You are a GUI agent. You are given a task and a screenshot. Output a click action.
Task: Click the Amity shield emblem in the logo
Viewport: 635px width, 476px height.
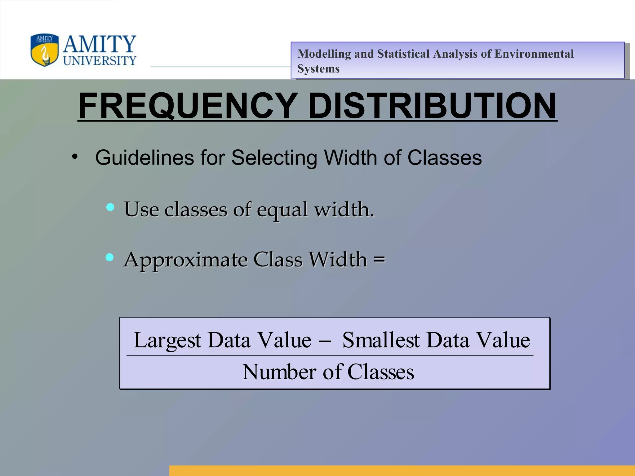pyautogui.click(x=44, y=50)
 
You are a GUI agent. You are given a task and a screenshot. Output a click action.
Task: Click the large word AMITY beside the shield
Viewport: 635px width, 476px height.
pyautogui.click(x=100, y=44)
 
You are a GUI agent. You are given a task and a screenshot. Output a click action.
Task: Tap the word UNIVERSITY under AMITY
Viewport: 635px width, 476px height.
pyautogui.click(x=100, y=60)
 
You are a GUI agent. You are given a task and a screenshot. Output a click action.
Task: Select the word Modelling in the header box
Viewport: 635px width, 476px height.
pyautogui.click(x=324, y=54)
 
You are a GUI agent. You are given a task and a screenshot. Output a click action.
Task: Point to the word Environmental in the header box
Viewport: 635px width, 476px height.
pyautogui.click(x=534, y=54)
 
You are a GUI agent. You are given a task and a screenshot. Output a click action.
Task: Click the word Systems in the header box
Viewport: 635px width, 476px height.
pyautogui.click(x=318, y=68)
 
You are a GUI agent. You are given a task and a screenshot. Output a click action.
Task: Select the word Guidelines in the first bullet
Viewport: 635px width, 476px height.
pyautogui.click(x=144, y=158)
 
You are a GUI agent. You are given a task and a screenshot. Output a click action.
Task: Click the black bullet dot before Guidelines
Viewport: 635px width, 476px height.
pyautogui.click(x=74, y=157)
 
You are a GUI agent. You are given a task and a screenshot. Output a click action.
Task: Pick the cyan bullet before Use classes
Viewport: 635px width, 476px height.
pyautogui.click(x=110, y=207)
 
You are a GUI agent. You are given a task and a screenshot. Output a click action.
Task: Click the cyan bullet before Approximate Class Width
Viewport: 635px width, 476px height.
pyautogui.click(x=109, y=257)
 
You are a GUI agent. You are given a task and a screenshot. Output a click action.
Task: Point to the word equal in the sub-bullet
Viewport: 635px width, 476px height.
pyautogui.click(x=282, y=210)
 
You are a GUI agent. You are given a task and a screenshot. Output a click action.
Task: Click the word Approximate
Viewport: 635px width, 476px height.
pyautogui.click(x=185, y=260)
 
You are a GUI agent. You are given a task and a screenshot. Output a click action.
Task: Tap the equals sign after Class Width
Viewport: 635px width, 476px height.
pyautogui.click(x=379, y=259)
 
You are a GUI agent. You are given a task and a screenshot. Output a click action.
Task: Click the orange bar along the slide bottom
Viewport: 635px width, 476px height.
pyautogui.click(x=402, y=470)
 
